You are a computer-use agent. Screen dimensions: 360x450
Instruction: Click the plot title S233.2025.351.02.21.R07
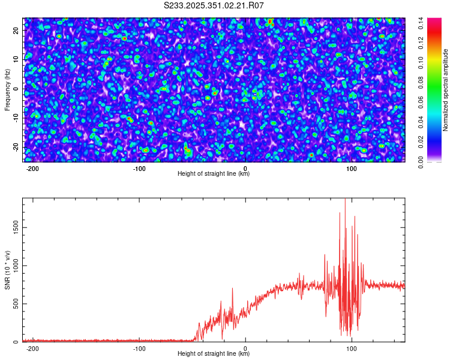pos(214,5)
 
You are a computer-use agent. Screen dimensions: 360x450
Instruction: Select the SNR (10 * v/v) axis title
pos(7,269)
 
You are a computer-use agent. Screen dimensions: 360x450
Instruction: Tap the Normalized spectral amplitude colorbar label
pos(446,90)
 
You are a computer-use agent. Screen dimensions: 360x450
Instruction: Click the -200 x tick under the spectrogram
pos(33,169)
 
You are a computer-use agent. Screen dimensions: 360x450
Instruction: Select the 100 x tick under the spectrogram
pos(352,169)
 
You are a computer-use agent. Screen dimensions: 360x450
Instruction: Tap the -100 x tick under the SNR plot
pos(139,349)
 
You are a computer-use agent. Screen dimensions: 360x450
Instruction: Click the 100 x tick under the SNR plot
pos(352,349)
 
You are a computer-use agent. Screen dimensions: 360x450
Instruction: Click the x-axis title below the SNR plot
pos(214,354)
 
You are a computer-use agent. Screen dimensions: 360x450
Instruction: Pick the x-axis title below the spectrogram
pos(214,174)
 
